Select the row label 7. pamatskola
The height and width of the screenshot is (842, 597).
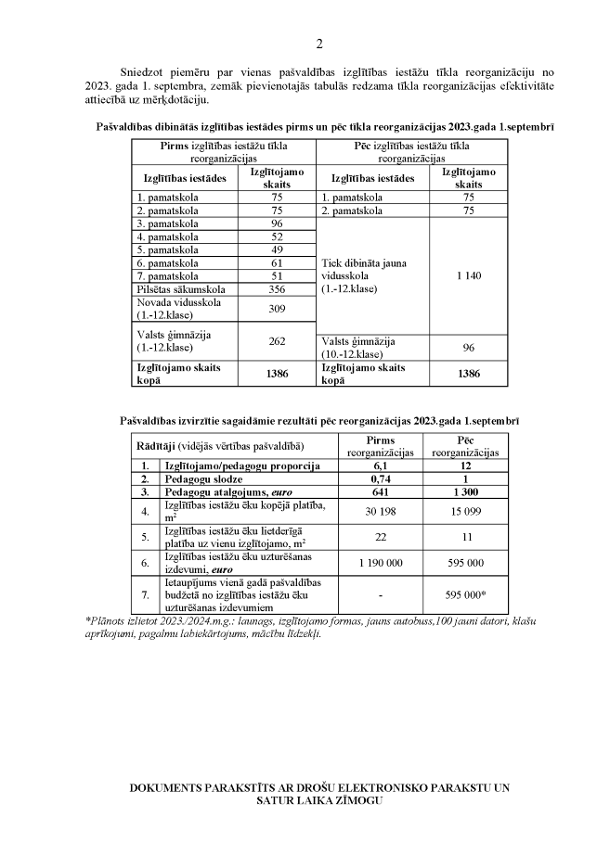coord(168,275)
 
